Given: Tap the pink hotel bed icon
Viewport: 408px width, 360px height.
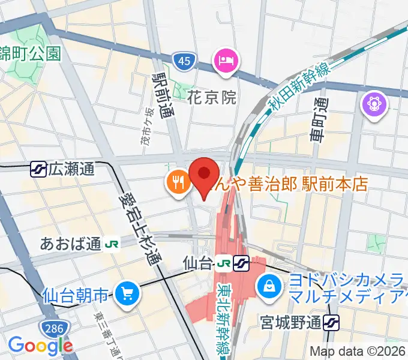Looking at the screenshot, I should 227,60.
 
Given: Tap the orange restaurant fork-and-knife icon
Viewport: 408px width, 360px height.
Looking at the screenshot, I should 178,181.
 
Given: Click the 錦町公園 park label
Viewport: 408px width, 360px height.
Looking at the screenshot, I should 30,53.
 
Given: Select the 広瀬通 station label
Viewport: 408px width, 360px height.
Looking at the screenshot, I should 71,169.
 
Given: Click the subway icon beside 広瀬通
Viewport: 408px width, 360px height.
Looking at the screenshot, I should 38,169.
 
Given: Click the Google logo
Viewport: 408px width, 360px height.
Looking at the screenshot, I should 40,345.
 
